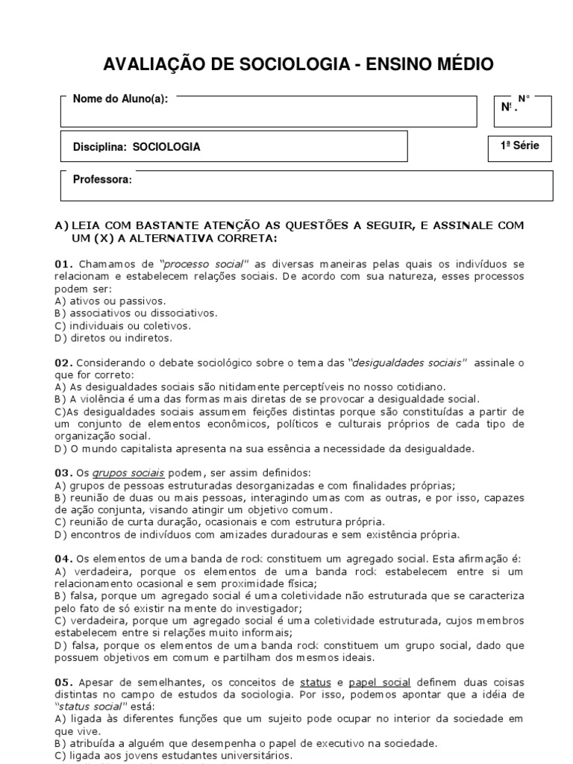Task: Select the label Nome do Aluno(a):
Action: coord(120,99)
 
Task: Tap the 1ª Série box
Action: coord(519,146)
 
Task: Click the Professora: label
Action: coord(102,180)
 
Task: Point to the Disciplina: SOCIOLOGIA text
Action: coord(137,147)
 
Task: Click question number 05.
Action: coord(64,682)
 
